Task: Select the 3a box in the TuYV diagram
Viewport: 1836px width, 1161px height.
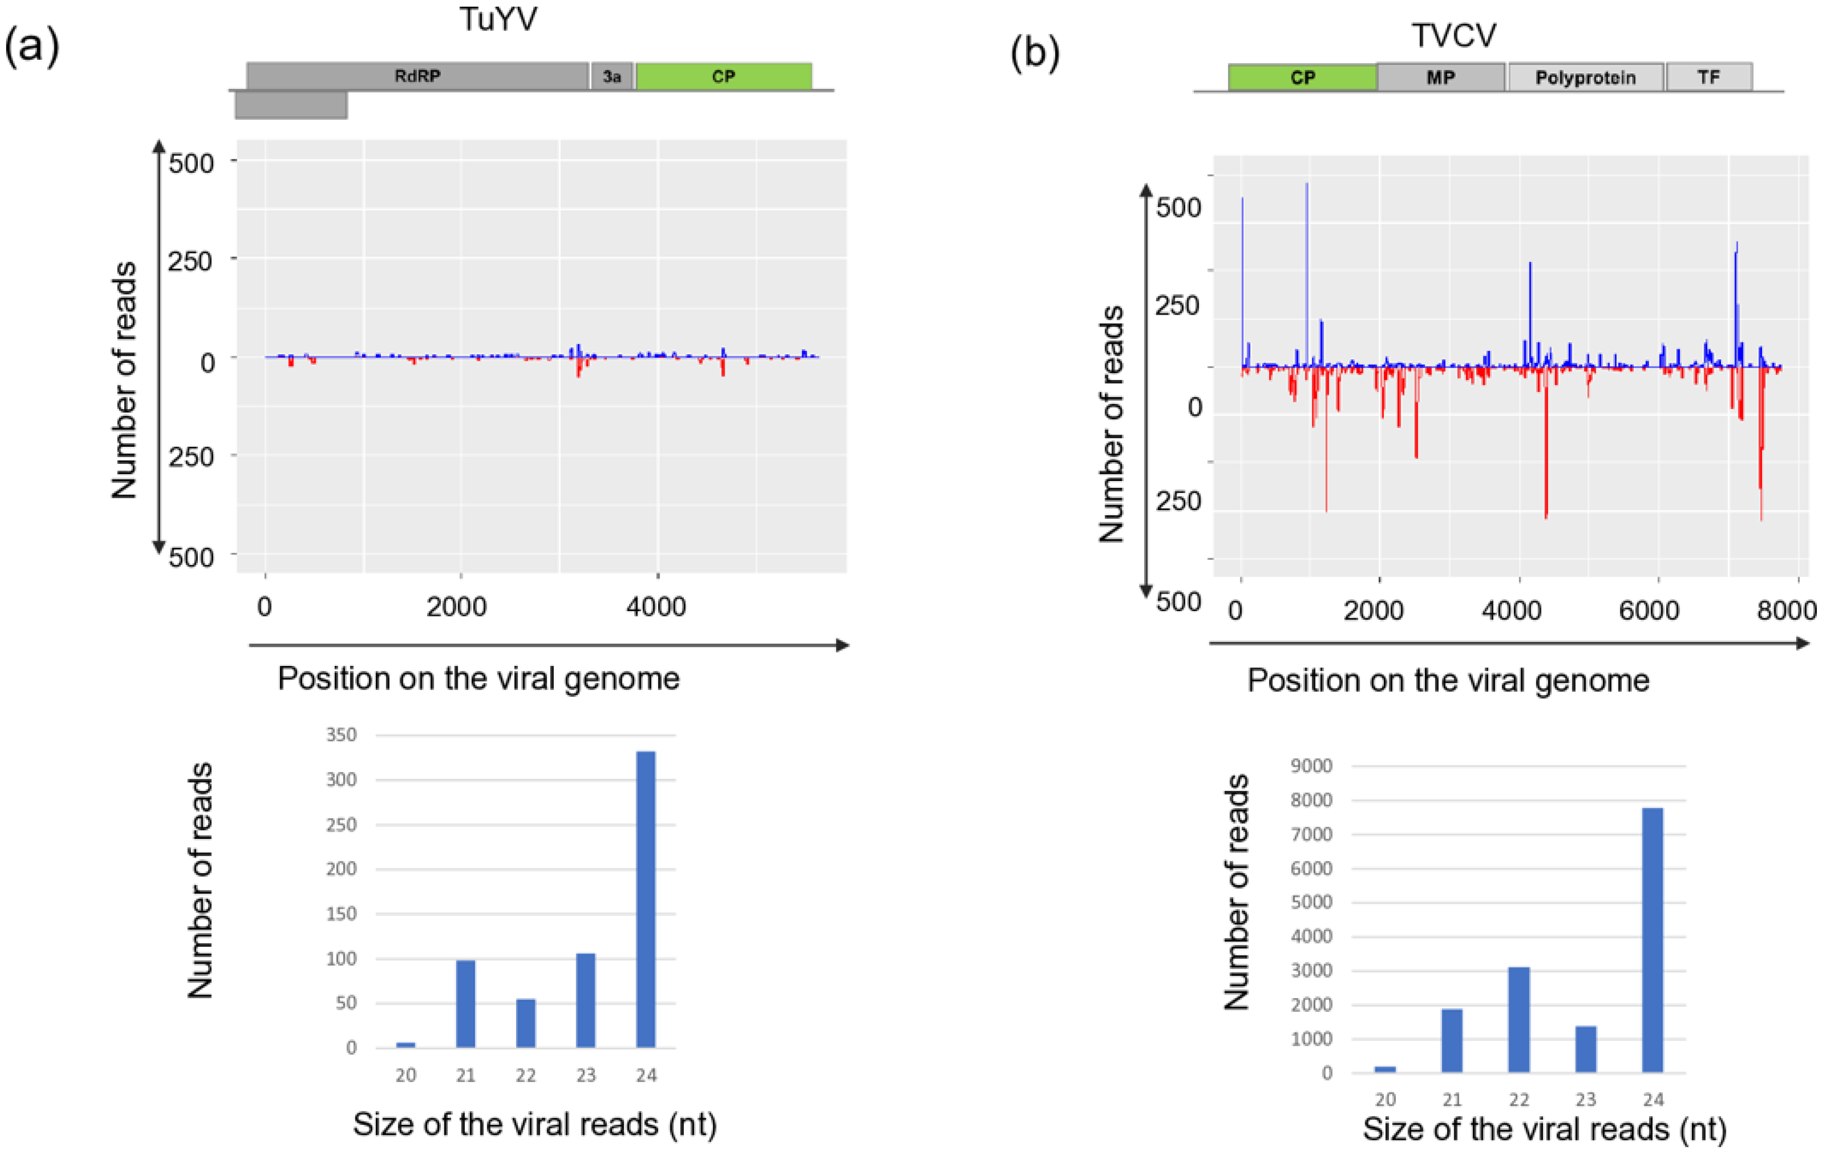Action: pyautogui.click(x=611, y=76)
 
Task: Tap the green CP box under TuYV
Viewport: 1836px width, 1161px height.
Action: pyautogui.click(x=724, y=76)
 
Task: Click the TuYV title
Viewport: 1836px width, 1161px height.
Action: pyautogui.click(x=498, y=19)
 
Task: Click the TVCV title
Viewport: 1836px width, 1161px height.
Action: pyautogui.click(x=1453, y=36)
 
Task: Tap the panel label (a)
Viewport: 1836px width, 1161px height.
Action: pyautogui.click(x=32, y=46)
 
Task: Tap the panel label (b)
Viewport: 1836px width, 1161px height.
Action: pyautogui.click(x=1035, y=53)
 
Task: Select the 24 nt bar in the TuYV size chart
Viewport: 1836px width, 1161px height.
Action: pyautogui.click(x=646, y=899)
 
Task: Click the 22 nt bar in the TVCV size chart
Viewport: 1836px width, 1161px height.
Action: pyautogui.click(x=1519, y=1020)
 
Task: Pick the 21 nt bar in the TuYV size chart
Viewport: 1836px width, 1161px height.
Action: pyautogui.click(x=465, y=1004)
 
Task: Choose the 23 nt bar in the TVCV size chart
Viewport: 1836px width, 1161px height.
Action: pyautogui.click(x=1586, y=1049)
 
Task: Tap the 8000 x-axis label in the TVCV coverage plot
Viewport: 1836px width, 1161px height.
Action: pyautogui.click(x=1786, y=610)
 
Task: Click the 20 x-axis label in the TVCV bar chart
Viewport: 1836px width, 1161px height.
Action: pyautogui.click(x=1385, y=1099)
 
